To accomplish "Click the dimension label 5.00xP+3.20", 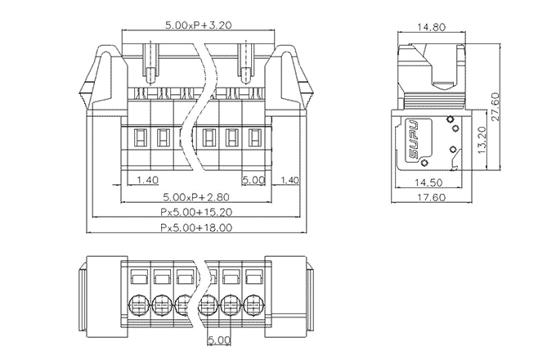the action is pyautogui.click(x=198, y=25).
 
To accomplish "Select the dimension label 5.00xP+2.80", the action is pyautogui.click(x=196, y=196).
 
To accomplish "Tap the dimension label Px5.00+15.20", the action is pyautogui.click(x=196, y=212).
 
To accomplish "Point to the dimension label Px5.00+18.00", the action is pyautogui.click(x=196, y=227).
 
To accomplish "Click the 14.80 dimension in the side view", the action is pyautogui.click(x=431, y=27).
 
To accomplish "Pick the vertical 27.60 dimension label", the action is pyautogui.click(x=495, y=106).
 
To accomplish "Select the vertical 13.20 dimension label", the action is pyautogui.click(x=482, y=141).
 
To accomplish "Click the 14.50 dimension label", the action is pyautogui.click(x=429, y=182).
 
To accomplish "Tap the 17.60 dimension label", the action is pyautogui.click(x=431, y=197).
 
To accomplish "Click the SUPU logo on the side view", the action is pyautogui.click(x=414, y=139).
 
